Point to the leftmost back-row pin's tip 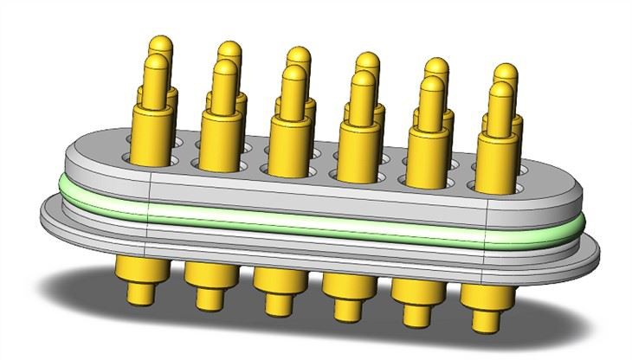click(x=160, y=43)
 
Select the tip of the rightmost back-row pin click(x=506, y=72)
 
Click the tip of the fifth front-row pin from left click(x=430, y=87)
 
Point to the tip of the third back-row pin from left click(x=299, y=55)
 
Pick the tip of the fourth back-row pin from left click(x=367, y=61)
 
